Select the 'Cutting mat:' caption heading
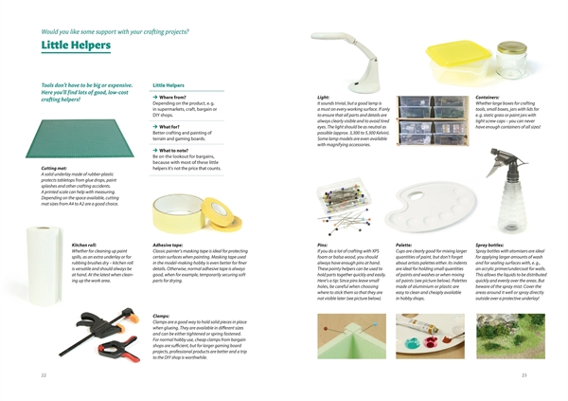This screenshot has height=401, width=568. (x=54, y=168)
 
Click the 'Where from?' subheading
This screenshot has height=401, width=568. (x=174, y=98)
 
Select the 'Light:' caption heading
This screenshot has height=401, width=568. (x=324, y=96)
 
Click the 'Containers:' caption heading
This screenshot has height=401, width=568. (x=488, y=96)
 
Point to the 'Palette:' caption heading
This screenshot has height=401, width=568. (x=403, y=243)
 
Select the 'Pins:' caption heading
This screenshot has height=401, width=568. (x=323, y=243)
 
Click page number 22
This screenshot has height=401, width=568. (x=44, y=374)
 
